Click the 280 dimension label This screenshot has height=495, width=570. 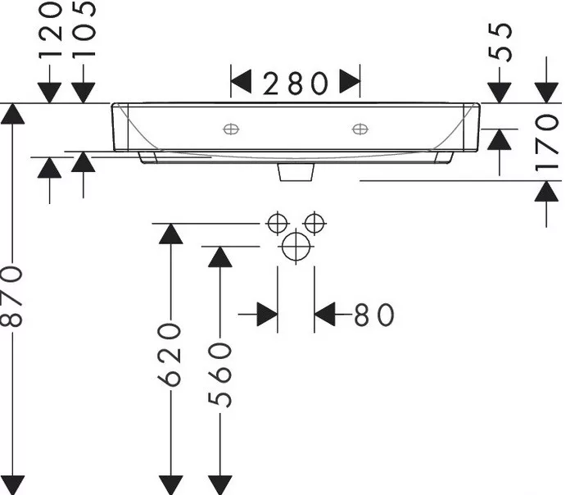point(295,84)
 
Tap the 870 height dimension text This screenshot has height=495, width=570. point(12,297)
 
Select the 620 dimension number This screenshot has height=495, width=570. point(170,354)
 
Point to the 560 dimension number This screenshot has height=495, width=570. point(220,375)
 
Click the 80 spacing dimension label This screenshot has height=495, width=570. point(374,315)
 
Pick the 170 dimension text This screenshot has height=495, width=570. point(546,143)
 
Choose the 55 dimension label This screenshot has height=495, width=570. point(500,42)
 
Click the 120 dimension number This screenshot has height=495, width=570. point(50,30)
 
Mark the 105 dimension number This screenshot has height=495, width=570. point(84,29)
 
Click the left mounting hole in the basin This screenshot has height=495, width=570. point(231,129)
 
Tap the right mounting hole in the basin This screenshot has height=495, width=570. point(360,129)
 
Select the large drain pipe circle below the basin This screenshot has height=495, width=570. point(296,247)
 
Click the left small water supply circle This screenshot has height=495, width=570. point(278,223)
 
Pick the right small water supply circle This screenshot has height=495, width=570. point(314,223)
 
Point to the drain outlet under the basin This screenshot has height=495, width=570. point(296,172)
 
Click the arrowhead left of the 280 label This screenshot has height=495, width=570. point(241,81)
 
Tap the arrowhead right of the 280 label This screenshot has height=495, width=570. point(350,81)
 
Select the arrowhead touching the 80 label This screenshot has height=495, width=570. point(324,314)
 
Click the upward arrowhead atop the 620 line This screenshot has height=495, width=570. point(171,234)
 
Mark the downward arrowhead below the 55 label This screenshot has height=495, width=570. point(500,93)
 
